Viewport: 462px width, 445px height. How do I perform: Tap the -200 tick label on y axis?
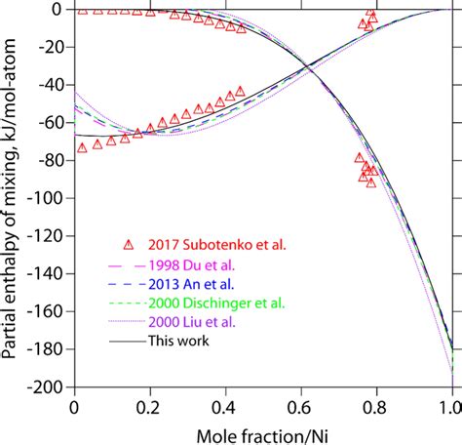pos(46,387)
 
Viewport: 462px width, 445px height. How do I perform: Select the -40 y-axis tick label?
pos(50,85)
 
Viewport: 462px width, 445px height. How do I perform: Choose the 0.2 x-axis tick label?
pos(149,403)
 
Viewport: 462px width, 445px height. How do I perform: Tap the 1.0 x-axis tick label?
pos(450,403)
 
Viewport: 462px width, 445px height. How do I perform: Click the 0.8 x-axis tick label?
pos(375,403)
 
